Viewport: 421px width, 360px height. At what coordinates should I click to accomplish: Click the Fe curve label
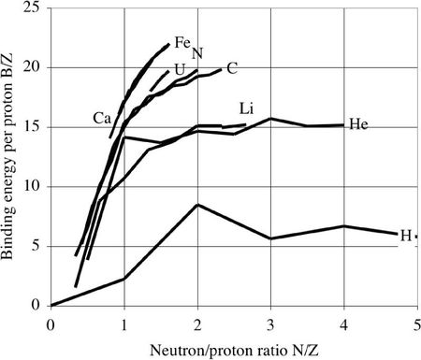pos(182,42)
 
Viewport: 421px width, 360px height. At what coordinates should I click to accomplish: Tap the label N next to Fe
pos(197,53)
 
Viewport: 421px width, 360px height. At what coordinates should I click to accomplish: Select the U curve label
pos(179,69)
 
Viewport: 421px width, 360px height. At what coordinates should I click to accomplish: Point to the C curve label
pos(231,67)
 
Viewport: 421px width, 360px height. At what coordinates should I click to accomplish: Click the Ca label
pos(103,118)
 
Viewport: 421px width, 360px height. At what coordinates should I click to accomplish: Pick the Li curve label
pos(248,108)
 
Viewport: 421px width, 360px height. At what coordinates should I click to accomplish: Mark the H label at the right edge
pos(406,235)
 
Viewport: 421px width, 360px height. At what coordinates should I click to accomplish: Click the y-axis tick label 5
pos(36,246)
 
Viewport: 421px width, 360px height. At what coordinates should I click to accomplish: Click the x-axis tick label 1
pos(123,322)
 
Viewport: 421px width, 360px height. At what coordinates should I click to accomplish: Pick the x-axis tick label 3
pos(270,322)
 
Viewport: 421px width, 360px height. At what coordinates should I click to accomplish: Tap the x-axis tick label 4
pos(343,322)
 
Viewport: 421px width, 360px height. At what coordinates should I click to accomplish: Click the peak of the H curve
pos(196,204)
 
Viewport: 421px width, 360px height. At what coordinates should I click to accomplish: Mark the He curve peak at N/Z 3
pos(270,119)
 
